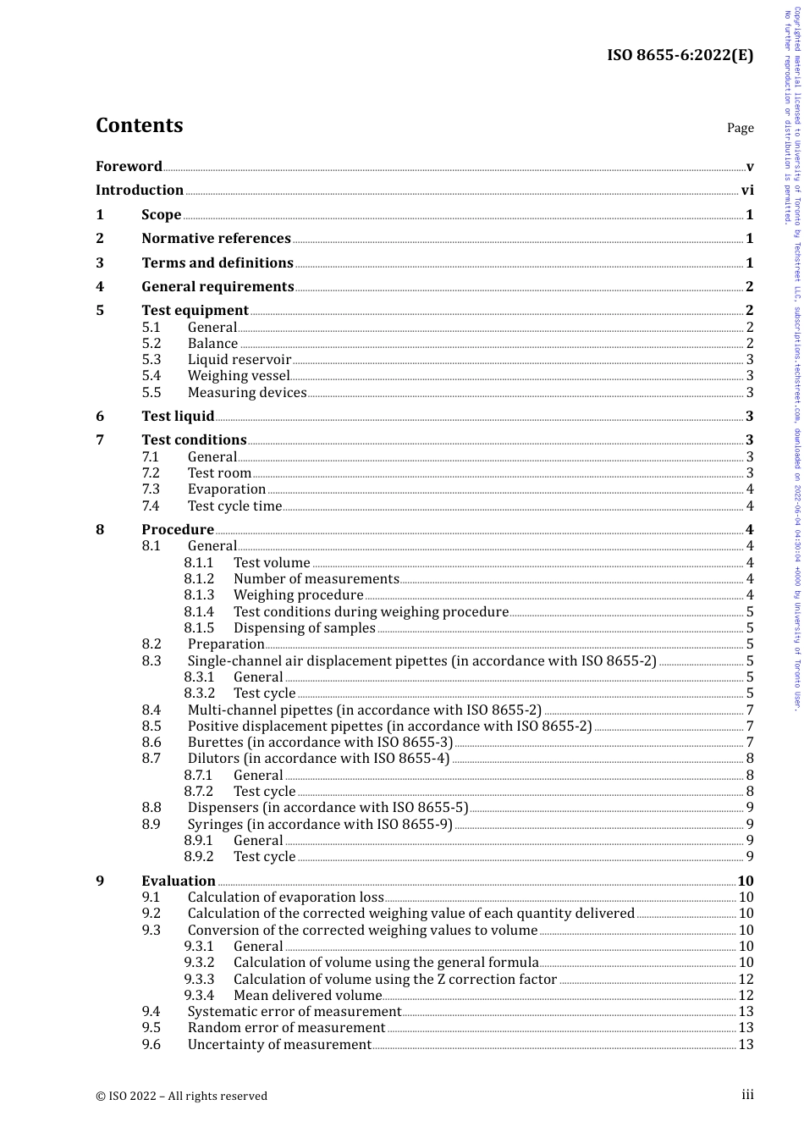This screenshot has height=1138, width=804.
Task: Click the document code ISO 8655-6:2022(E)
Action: click(680, 56)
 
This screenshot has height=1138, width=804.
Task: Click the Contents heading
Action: click(139, 125)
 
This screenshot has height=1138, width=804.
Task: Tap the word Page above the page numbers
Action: click(740, 128)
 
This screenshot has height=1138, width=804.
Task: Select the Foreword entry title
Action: click(129, 167)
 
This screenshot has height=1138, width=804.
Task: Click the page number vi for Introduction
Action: click(746, 191)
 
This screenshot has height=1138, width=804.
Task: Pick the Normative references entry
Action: click(216, 239)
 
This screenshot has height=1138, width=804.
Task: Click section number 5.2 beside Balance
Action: click(151, 344)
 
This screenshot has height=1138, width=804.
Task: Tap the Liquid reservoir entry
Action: click(239, 360)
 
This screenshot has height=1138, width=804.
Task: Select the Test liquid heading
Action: click(178, 417)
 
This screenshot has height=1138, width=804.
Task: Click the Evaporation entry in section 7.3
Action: click(227, 489)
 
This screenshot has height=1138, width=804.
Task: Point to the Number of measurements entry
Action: click(316, 579)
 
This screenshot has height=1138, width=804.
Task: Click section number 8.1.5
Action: click(199, 628)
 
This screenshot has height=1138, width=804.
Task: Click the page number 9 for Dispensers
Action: click(749, 808)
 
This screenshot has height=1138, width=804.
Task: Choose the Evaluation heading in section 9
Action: click(179, 881)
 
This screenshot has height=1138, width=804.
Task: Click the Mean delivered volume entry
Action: click(307, 996)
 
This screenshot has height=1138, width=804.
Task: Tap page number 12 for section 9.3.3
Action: click(746, 980)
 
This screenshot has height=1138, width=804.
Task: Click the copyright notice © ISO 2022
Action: click(181, 1096)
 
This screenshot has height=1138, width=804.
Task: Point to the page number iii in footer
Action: click(747, 1095)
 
